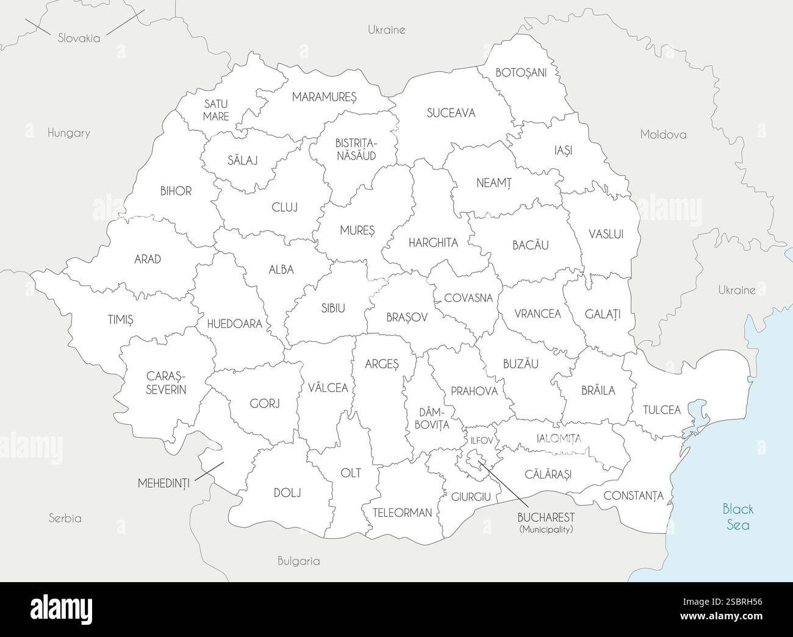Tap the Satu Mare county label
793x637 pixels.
[x=216, y=110]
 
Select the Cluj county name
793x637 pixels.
[x=285, y=207]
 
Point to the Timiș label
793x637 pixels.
[x=121, y=319]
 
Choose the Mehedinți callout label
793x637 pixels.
[x=163, y=483]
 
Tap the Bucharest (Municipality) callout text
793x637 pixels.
[x=546, y=522]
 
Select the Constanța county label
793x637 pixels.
[x=633, y=496]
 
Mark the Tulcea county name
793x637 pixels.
[x=662, y=410]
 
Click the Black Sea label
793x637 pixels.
[x=737, y=516]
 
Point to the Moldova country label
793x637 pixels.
[x=663, y=135]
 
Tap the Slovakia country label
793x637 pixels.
[x=79, y=38]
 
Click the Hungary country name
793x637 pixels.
[x=69, y=133]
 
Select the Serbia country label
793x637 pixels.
[x=65, y=519]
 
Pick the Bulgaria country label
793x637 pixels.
[x=298, y=561]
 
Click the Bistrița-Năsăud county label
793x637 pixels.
[x=356, y=149]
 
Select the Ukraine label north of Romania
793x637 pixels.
[x=386, y=30]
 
